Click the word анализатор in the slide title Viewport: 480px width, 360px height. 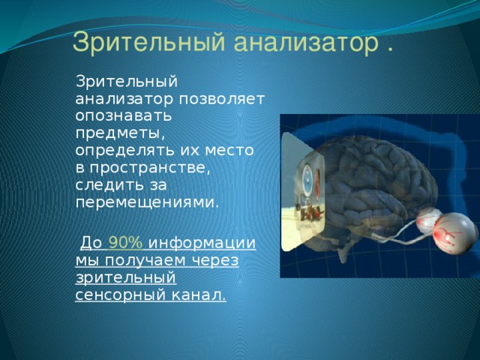(306, 43)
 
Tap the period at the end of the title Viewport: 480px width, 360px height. (390, 49)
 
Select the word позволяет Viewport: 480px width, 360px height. (222, 99)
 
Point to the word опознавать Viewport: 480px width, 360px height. (124, 116)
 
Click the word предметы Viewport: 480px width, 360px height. (120, 134)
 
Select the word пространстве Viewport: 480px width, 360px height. (150, 168)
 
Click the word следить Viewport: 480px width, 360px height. (110, 185)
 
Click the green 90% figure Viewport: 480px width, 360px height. (125, 243)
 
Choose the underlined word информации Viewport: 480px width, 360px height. (202, 244)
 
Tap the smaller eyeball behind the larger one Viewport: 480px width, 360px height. (427, 220)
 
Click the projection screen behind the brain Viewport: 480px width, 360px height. (302, 192)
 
